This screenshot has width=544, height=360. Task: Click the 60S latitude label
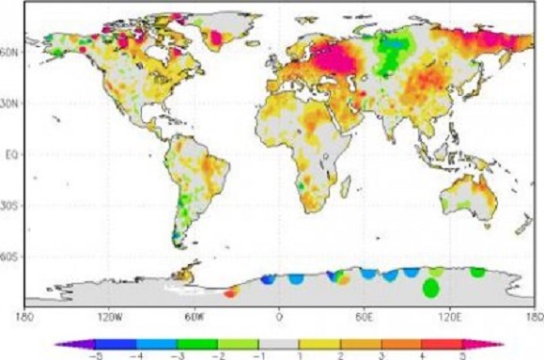point(12,255)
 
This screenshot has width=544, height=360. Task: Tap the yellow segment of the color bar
point(319,344)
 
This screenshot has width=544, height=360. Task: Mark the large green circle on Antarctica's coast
point(431,287)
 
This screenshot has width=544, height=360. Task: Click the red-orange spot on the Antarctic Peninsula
point(232,292)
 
